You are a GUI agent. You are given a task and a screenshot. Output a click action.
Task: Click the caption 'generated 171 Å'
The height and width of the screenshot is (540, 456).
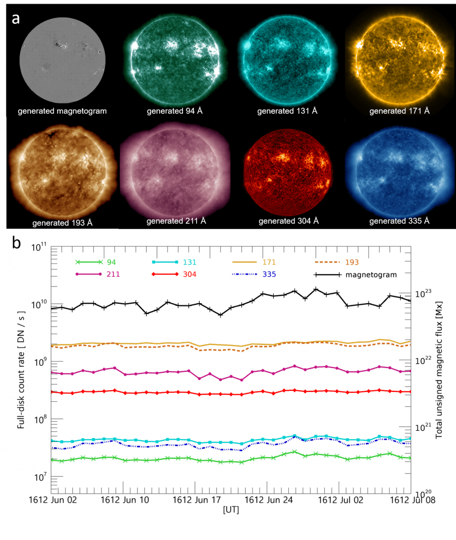pyautogui.click(x=399, y=111)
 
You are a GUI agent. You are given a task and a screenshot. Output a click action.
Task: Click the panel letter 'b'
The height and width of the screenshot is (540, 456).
pyautogui.click(x=16, y=244)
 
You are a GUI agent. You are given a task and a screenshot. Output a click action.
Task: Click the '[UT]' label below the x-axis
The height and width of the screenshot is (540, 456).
pyautogui.click(x=231, y=509)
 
